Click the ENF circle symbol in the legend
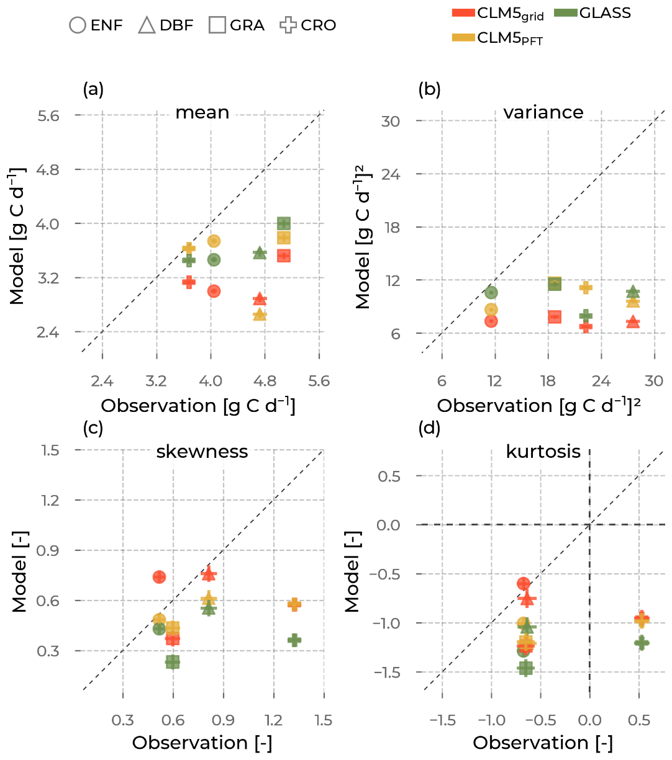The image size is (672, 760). coord(78,25)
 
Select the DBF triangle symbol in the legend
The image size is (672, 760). coord(147,25)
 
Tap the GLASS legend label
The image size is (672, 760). coord(605,13)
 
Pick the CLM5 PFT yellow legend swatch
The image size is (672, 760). coord(463,38)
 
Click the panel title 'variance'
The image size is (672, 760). coord(543,112)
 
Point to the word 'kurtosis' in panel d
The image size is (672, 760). coord(543,451)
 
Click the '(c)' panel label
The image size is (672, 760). coord(93,427)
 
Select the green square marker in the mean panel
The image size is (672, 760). coord(284,223)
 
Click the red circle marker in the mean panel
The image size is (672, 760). coord(214,291)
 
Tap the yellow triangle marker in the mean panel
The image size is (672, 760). coord(260,315)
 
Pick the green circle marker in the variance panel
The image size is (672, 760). coord(491,292)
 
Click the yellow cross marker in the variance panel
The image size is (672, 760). coord(586,287)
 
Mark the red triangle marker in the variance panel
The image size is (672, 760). coord(633,321)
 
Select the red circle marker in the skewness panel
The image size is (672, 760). coord(159,577)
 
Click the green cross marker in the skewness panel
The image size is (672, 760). coord(294,640)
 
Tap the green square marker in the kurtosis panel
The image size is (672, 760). coord(526,668)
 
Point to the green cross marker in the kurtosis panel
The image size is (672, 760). coord(642,643)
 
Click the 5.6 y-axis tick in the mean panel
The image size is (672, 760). coord(48,116)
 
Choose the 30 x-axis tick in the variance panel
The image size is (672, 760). coord(654,380)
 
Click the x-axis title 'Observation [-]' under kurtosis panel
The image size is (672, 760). coord(543,743)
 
